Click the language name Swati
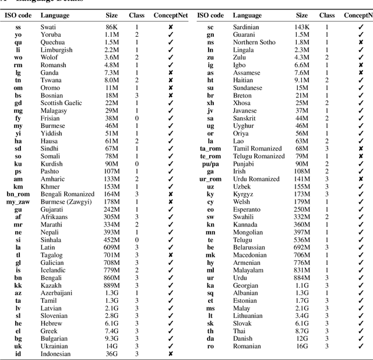[x=48, y=27]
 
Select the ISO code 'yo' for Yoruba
[x=18, y=35]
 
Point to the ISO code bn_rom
[x=18, y=194]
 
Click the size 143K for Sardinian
[x=301, y=27]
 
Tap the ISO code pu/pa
[x=210, y=164]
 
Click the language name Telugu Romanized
[x=259, y=156]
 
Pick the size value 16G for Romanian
[x=302, y=346]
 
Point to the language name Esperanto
[x=247, y=209]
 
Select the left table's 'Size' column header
[x=111, y=16]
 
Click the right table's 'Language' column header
[x=247, y=16]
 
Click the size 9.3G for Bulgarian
[x=111, y=338]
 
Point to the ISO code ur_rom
[x=210, y=179]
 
